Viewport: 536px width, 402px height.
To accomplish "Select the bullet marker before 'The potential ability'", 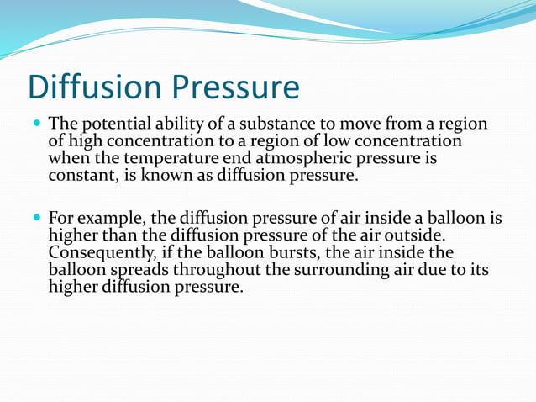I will (x=36, y=123).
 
